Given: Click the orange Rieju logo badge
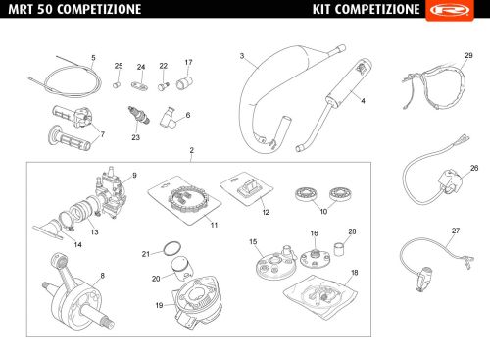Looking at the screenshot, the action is coord(450,10).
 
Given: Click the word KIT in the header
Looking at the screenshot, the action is coord(321,9).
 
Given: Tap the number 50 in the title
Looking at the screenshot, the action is coord(44,9).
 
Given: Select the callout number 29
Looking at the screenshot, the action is coord(468,55).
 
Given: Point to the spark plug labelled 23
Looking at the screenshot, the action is coord(139,115).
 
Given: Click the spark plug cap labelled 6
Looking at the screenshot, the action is coord(169,117).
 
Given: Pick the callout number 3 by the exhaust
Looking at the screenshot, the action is coord(242,56).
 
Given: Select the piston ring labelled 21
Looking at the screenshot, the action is coord(172,249).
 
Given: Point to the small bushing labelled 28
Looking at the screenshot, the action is coord(340,249).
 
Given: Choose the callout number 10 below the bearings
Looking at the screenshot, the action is coord(323,211).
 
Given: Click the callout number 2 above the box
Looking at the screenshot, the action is coord(192,150).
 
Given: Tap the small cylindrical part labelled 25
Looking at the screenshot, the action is coord(117,85).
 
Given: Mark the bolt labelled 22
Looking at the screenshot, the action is coord(163,86).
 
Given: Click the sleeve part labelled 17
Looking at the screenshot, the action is coord(184,82).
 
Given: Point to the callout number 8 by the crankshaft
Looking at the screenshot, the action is coord(102,276).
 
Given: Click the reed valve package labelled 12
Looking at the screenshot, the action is coord(247,188).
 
